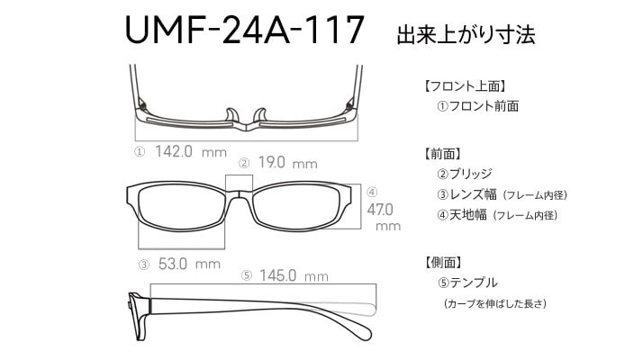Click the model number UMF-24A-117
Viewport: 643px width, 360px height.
point(245,31)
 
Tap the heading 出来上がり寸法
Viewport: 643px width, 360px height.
point(466,36)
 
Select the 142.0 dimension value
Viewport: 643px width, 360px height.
point(174,152)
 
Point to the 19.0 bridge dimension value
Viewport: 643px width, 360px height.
point(272,163)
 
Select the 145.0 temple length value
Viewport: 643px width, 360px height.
point(278,275)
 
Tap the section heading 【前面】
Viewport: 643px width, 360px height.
point(442,154)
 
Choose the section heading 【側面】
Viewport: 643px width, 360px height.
point(442,263)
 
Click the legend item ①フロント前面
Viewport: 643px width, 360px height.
point(477,106)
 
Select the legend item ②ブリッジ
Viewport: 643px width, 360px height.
point(465,174)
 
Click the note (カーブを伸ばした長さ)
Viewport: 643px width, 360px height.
point(495,304)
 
